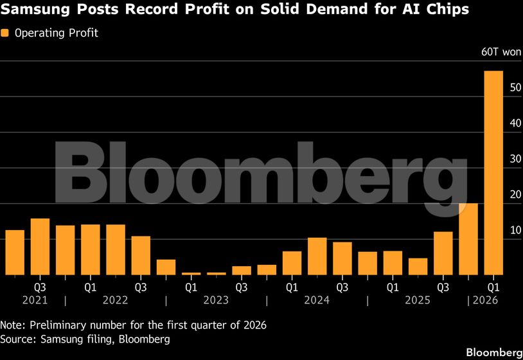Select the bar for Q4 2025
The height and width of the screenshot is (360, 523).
[468, 239]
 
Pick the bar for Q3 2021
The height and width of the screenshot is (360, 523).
[40, 246]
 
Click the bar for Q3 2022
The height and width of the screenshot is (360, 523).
[141, 255]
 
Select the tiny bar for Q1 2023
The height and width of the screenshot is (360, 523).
[191, 273]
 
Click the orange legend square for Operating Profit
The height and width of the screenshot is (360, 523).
[5, 33]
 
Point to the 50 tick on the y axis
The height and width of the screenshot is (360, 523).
[497, 87]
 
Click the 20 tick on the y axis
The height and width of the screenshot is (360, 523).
[497, 195]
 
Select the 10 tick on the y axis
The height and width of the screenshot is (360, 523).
[497, 230]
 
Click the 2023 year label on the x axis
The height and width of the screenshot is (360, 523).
[216, 300]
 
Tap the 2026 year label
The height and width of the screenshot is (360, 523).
[486, 300]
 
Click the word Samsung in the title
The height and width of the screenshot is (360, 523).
[31, 10]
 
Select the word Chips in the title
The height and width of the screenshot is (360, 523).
[448, 10]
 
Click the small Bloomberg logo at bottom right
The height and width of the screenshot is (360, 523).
[493, 352]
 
